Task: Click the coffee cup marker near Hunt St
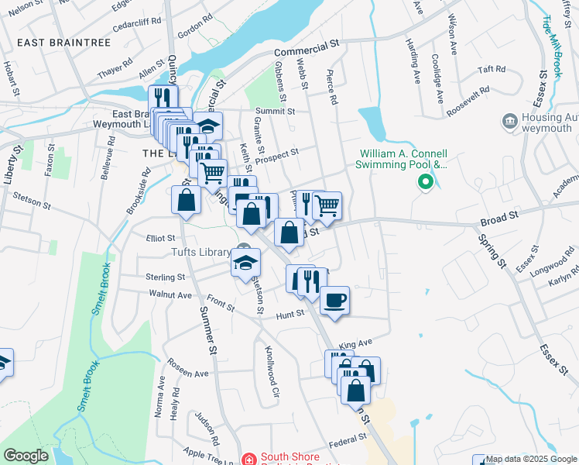click(334, 299)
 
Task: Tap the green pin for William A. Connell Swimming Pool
click(424, 183)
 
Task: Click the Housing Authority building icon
click(509, 121)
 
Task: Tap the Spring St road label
click(491, 253)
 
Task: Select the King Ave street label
click(356, 342)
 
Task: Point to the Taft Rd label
click(491, 70)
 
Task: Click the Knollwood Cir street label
click(272, 371)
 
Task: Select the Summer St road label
click(207, 330)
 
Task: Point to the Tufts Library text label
click(200, 252)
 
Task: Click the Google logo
click(26, 456)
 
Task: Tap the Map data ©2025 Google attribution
click(532, 459)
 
